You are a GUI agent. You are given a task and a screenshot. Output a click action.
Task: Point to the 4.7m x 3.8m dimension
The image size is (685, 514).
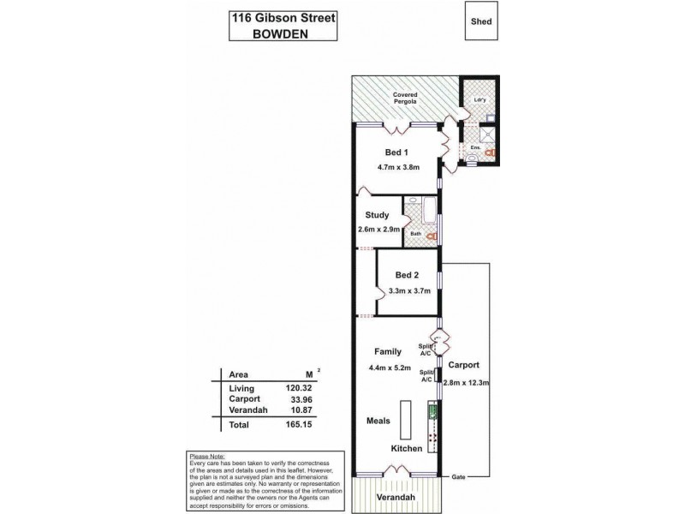pyautogui.click(x=398, y=167)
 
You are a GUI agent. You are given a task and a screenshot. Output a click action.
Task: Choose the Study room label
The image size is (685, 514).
pyautogui.click(x=377, y=215)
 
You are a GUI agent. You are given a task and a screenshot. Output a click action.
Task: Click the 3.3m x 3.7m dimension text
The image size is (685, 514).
pyautogui.click(x=408, y=292)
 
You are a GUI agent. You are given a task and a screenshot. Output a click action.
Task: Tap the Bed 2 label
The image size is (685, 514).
pyautogui.click(x=408, y=276)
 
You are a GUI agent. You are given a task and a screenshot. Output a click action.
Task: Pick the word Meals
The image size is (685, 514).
pyautogui.click(x=379, y=421)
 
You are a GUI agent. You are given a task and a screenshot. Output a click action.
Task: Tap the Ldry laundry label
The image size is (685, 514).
pyautogui.click(x=479, y=101)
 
